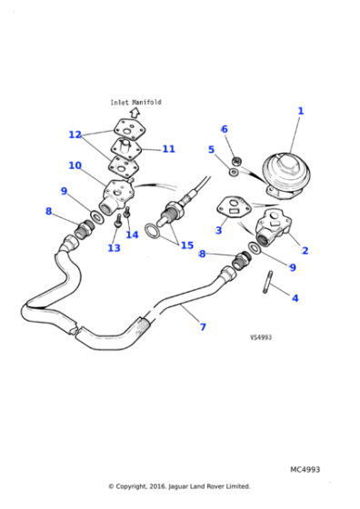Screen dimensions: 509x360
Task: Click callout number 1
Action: (x=301, y=111)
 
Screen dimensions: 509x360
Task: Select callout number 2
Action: (x=305, y=250)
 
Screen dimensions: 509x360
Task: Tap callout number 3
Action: (x=218, y=230)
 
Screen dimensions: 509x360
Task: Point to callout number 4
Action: (x=295, y=297)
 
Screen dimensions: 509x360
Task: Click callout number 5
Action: (x=211, y=149)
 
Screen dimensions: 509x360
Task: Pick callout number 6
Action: (x=225, y=129)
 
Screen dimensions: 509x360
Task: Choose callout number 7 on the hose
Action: (x=203, y=326)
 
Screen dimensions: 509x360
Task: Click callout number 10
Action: (x=75, y=166)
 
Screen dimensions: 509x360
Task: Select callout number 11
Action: (x=168, y=149)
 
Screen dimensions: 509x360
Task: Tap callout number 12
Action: (x=75, y=135)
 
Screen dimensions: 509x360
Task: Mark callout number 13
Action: (x=114, y=247)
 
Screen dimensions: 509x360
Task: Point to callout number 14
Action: (x=132, y=235)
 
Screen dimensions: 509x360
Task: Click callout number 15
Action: (x=186, y=245)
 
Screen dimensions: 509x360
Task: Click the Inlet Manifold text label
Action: (x=135, y=103)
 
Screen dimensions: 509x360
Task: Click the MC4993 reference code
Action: (x=305, y=470)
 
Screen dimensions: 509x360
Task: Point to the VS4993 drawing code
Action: (x=261, y=337)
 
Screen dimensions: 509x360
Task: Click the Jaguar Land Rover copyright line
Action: (x=179, y=486)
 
